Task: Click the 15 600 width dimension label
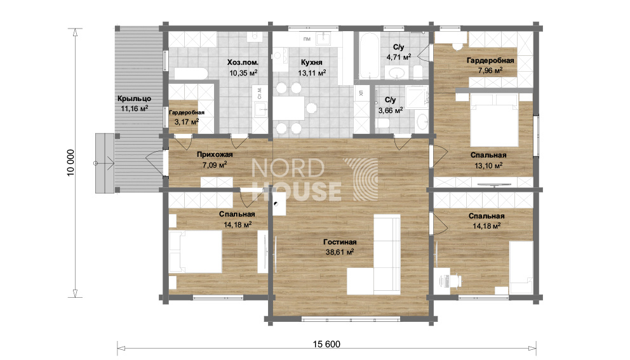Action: pos(326,344)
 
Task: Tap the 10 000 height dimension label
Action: pos(70,163)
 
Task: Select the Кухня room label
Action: pos(311,63)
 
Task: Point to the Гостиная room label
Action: pos(340,242)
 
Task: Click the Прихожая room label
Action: pos(215,154)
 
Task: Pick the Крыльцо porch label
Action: pos(134,99)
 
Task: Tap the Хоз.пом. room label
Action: pos(243,63)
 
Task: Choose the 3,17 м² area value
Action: pos(186,121)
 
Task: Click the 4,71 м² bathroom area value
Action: pos(399,57)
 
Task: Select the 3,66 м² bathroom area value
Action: pos(391,110)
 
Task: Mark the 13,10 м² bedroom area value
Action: pos(488,165)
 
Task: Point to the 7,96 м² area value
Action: pos(490,70)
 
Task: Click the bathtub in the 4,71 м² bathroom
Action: pos(368,57)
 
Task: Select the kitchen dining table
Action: pos(288,108)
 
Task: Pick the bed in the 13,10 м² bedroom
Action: pos(494,120)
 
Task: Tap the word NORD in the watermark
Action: pos(288,168)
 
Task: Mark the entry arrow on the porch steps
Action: pos(104,163)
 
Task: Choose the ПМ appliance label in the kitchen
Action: pos(307,39)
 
